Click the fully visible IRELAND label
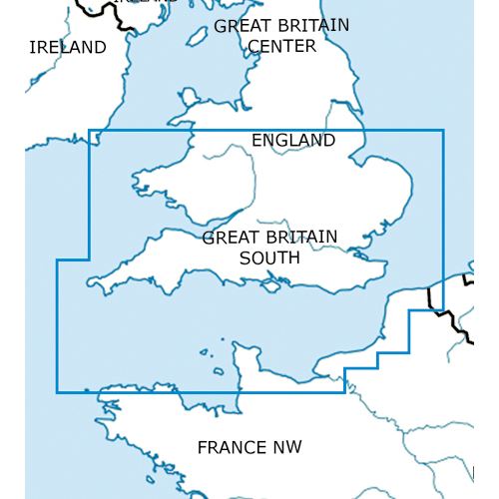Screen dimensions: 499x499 click(68, 47)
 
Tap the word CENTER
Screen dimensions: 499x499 click(281, 46)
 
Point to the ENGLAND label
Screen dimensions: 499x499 click(293, 141)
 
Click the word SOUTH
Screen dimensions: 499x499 click(269, 257)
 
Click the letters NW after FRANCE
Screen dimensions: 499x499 click(284, 446)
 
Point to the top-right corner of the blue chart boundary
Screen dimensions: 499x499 click(443, 130)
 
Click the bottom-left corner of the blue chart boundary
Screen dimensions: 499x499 click(57, 392)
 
